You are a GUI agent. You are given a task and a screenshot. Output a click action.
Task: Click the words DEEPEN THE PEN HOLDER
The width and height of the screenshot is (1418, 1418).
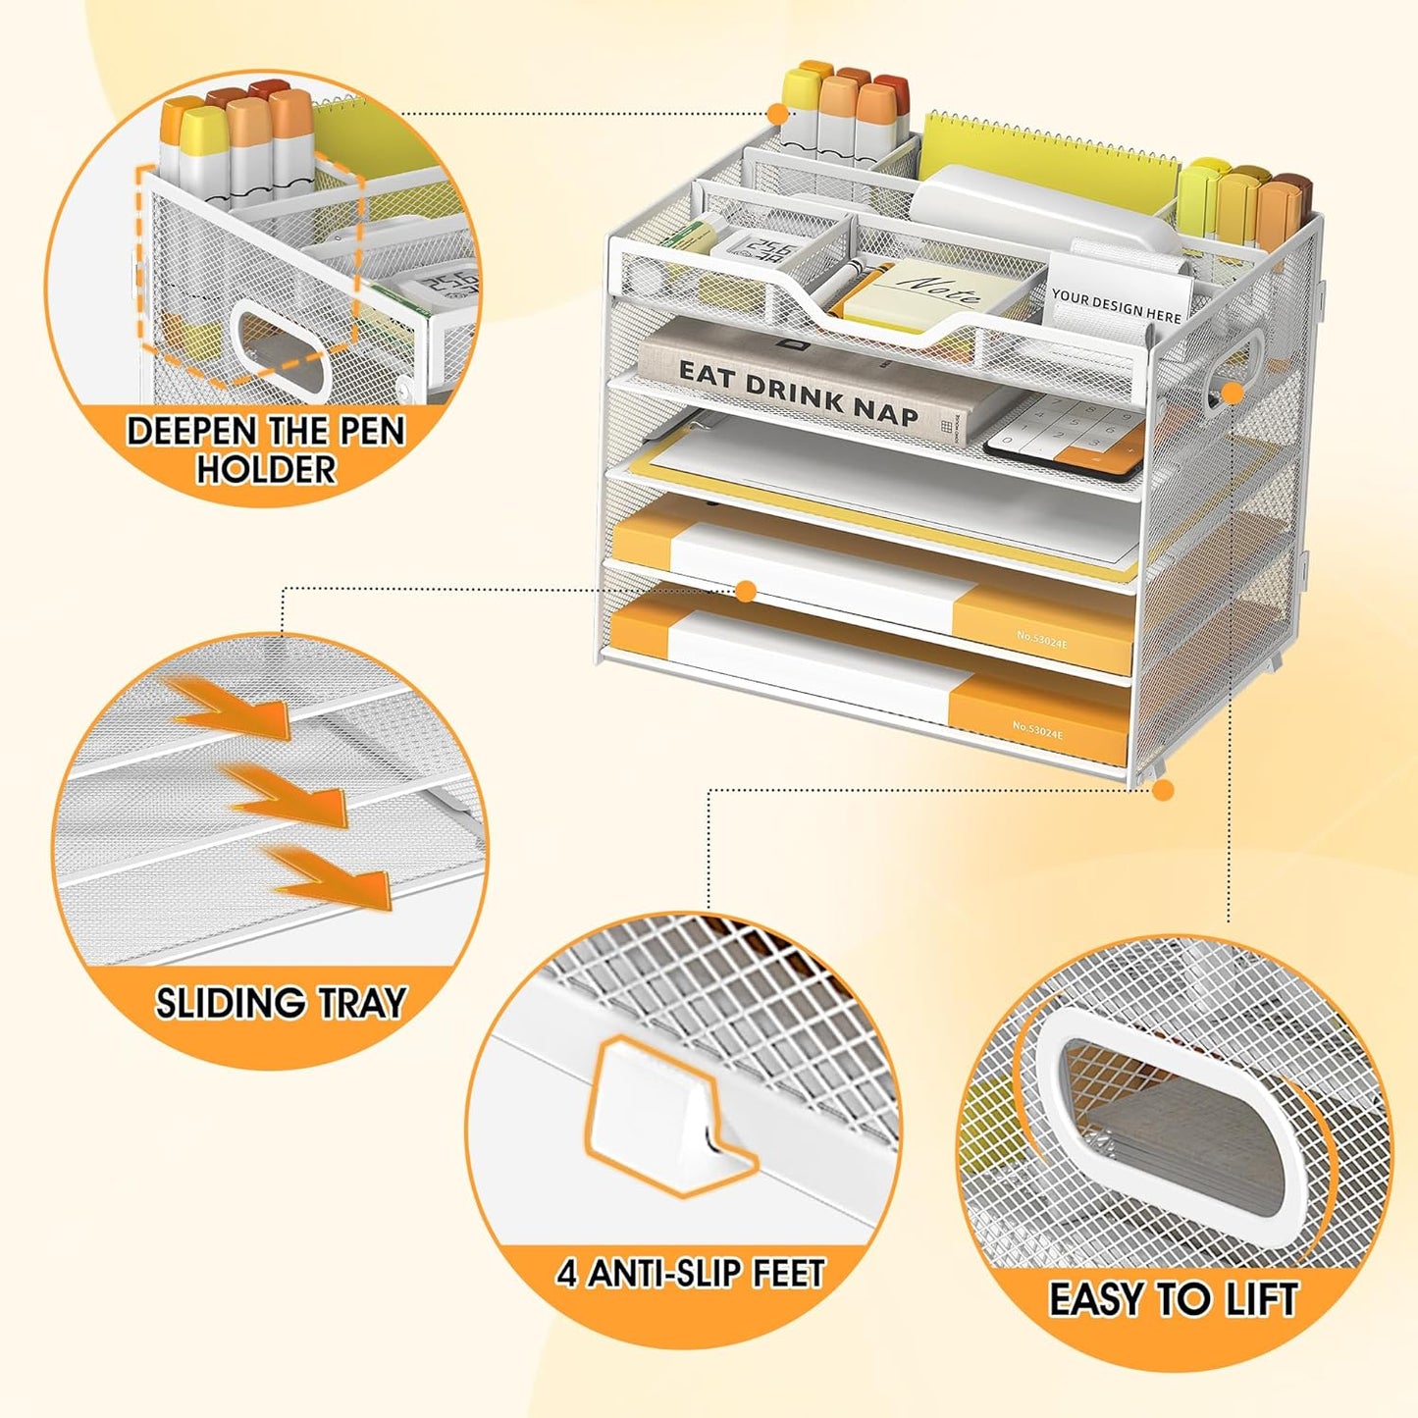pos(265,449)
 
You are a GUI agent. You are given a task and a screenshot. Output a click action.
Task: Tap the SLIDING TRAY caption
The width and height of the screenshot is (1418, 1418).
pos(281,1003)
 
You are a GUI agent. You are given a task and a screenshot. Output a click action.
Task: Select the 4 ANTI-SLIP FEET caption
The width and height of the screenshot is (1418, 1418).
pos(690,1273)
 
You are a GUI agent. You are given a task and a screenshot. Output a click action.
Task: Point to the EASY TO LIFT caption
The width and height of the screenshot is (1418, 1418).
pos(1173,1299)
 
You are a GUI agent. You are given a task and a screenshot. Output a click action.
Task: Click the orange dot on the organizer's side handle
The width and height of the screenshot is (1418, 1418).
pos(1234,393)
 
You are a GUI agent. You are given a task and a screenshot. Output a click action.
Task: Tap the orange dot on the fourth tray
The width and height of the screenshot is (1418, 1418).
pos(746,591)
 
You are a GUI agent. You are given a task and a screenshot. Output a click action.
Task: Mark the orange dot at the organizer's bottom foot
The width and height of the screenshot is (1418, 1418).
pos(1164,790)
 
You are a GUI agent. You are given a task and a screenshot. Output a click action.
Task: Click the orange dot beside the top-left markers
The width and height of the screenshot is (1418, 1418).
pos(778,113)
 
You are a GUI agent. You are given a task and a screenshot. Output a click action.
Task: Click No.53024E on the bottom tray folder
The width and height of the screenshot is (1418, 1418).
pos(1037,728)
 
